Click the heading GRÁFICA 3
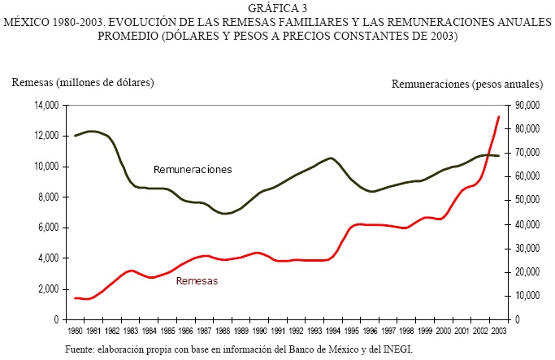[278, 8]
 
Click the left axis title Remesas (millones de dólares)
[82, 82]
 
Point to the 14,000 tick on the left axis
[46, 106]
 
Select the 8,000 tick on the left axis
[48, 197]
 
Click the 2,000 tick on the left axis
[48, 289]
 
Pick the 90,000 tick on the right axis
[523, 106]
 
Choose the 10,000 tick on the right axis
[523, 296]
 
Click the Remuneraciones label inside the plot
[193, 170]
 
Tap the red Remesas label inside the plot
[197, 280]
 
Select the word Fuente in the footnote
[82, 349]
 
